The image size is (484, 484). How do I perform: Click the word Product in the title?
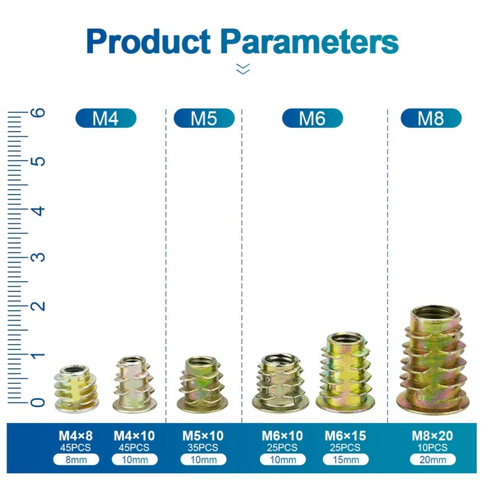149,42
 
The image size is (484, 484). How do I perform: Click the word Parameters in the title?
310,42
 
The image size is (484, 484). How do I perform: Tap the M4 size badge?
106,118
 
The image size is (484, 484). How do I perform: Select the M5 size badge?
204,118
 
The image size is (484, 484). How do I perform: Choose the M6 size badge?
312,118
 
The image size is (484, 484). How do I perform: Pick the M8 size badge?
431,118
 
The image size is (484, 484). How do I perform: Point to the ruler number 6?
38,112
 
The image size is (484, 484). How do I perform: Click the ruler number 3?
38,257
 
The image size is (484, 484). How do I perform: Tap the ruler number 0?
38,402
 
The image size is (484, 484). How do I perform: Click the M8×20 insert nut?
433,359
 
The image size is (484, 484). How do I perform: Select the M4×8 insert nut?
76,389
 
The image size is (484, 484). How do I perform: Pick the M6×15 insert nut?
345,373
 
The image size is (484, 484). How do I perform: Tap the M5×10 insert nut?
202,385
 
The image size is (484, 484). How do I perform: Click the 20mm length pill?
433,459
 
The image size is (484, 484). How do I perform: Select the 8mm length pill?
76,459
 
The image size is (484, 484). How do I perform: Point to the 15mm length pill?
345,459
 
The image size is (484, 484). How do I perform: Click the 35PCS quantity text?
203,448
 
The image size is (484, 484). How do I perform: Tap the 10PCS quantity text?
432,448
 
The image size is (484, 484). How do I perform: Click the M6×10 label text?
282,436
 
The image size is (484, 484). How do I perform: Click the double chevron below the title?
243,69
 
